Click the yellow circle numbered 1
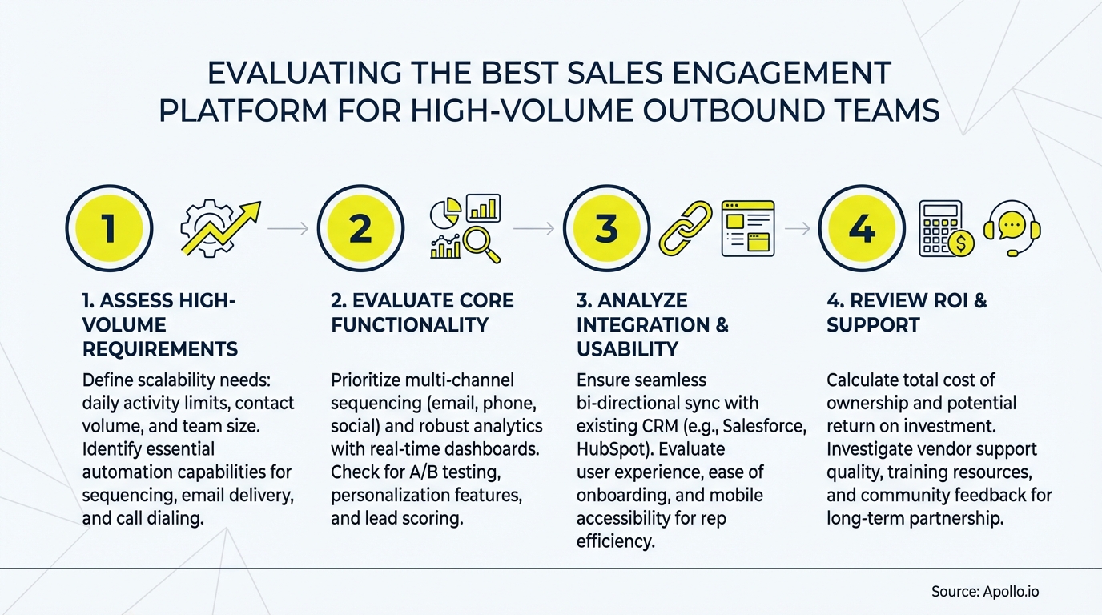108,229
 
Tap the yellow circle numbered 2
360,229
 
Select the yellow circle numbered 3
606,229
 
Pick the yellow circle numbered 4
860,229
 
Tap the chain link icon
686,228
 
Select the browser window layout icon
748,228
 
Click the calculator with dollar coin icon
945,228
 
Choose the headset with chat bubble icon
1012,227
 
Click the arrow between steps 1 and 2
288,229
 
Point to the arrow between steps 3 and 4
797,229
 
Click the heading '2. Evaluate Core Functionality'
422,312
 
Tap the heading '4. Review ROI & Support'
907,312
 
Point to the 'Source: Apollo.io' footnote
985,592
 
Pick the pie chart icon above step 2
445,212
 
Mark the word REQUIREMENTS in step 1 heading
160,349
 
